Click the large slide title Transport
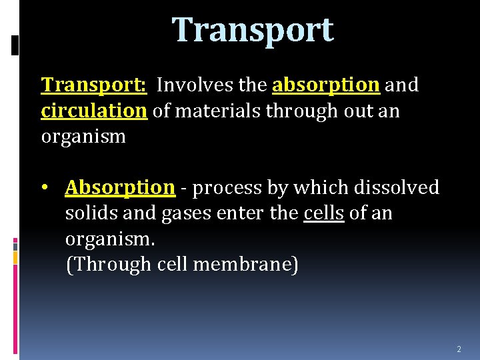coord(253,30)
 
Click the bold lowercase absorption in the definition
coord(326,85)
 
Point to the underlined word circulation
coord(94,111)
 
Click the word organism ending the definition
coord(83,137)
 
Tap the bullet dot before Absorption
coord(45,188)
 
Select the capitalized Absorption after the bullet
coord(120,188)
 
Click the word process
coord(225,188)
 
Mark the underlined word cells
coord(324,214)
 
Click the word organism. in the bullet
coord(109,239)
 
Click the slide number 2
coord(459,349)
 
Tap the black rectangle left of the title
coord(16,45)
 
